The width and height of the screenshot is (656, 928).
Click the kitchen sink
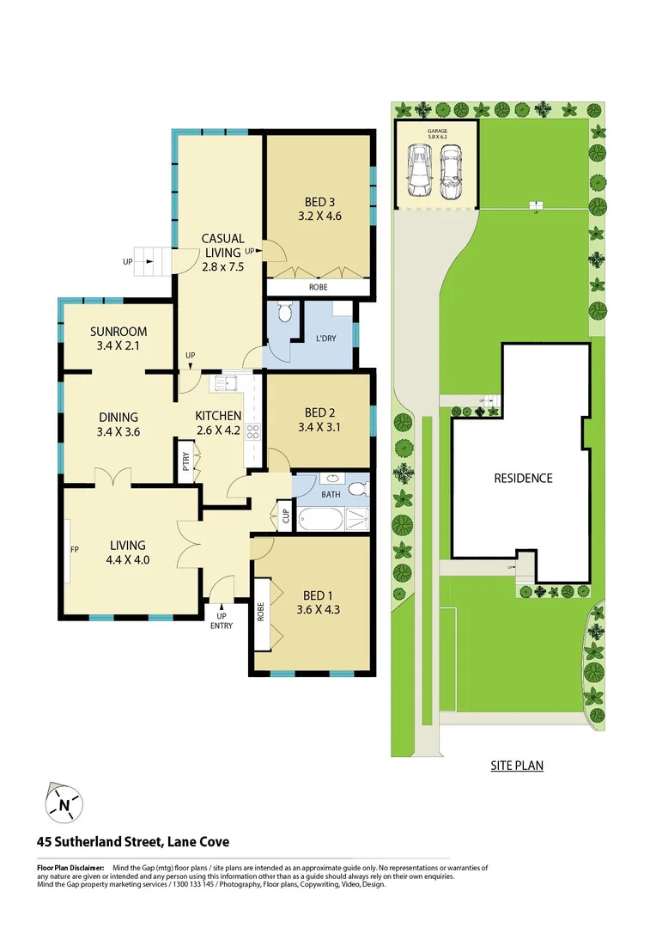pyautogui.click(x=228, y=382)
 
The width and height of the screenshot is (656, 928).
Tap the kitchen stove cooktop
pyautogui.click(x=253, y=432)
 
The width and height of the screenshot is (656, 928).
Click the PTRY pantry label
pyautogui.click(x=185, y=462)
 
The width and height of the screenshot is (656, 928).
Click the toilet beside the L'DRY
pyautogui.click(x=287, y=313)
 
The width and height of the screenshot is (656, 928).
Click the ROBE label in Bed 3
pyautogui.click(x=319, y=289)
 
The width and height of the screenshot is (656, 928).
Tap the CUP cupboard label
pyautogui.click(x=284, y=516)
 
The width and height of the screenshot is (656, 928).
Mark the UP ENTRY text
pyautogui.click(x=221, y=620)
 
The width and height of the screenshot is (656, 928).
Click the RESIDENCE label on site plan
pyautogui.click(x=522, y=479)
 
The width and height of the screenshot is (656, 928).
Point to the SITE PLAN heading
pyautogui.click(x=517, y=765)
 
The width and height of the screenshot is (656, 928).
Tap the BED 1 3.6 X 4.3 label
pyautogui.click(x=314, y=603)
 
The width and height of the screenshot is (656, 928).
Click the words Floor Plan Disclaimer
pyautogui.click(x=70, y=869)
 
